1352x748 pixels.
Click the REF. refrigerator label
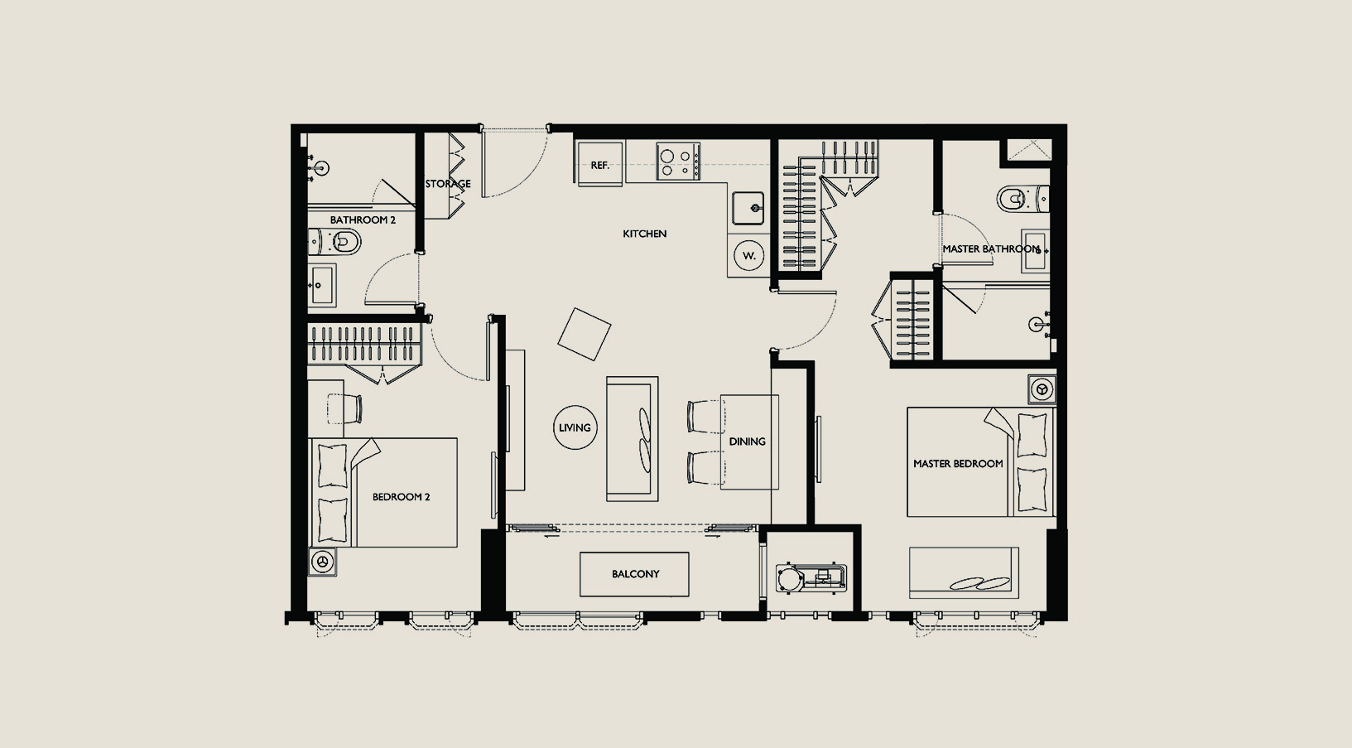tap(599, 166)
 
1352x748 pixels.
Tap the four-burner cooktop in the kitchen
tap(678, 162)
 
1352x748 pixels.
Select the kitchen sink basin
tap(748, 208)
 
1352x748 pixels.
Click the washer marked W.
tap(749, 256)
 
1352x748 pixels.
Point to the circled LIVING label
tap(575, 427)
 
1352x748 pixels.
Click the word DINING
tap(748, 442)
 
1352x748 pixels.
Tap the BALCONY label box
tap(634, 574)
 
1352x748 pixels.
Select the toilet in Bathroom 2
tap(334, 242)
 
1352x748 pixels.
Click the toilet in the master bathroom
tap(1022, 198)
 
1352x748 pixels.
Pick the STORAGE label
tap(448, 184)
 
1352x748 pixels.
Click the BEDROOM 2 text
tap(401, 497)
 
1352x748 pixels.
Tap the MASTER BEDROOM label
tap(958, 464)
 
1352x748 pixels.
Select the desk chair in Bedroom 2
tap(345, 408)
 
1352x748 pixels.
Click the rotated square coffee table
tap(585, 335)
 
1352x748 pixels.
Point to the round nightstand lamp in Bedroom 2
tap(322, 562)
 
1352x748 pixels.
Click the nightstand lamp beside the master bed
tap(1042, 389)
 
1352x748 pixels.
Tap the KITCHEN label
tap(645, 234)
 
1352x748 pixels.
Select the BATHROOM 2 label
tap(363, 220)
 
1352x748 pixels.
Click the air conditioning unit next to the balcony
tap(811, 577)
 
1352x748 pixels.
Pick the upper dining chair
tap(705, 417)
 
